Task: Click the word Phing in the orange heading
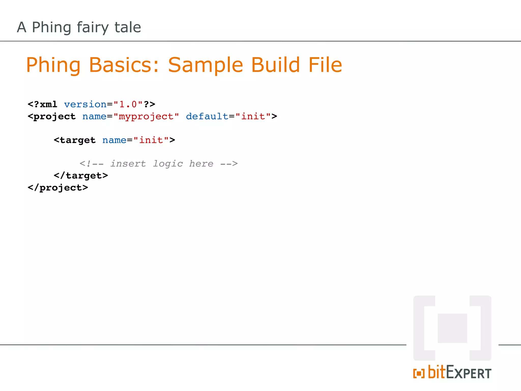point(53,65)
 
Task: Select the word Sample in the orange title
point(206,65)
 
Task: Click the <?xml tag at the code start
point(42,104)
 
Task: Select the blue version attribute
point(85,104)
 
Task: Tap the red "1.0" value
point(128,104)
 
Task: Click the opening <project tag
point(52,117)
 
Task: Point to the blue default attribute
point(207,116)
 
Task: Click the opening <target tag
point(75,140)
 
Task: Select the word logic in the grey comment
point(168,164)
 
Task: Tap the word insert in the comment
point(128,163)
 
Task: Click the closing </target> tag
point(81,176)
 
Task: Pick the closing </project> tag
point(58,188)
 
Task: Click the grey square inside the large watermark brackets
point(452,328)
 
